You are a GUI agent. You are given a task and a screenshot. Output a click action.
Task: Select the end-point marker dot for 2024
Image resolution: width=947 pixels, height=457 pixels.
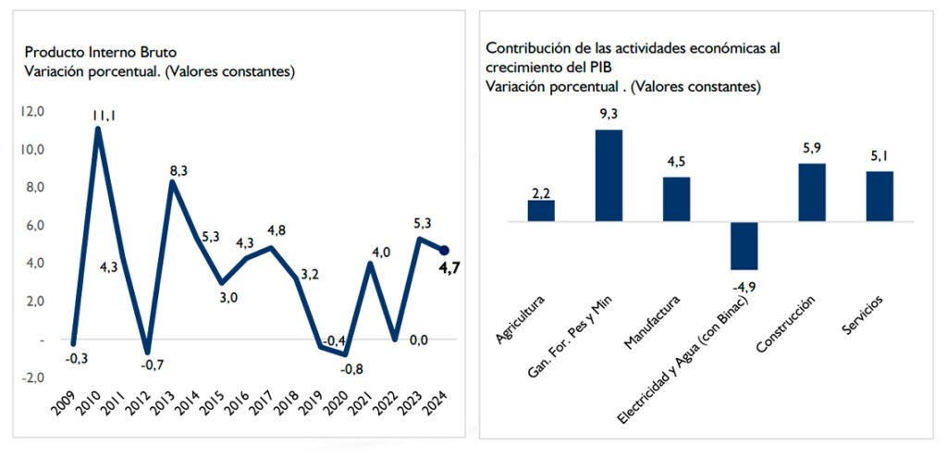pyautogui.click(x=443, y=250)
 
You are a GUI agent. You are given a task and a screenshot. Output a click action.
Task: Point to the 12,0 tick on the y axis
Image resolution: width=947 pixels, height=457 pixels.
pyautogui.click(x=33, y=112)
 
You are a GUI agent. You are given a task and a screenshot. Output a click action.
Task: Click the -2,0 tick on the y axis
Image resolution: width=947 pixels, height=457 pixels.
pyautogui.click(x=33, y=377)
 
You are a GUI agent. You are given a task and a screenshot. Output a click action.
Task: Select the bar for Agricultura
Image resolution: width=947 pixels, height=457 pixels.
pyautogui.click(x=541, y=211)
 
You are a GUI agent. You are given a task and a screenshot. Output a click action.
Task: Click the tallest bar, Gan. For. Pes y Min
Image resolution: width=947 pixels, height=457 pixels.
pyautogui.click(x=609, y=176)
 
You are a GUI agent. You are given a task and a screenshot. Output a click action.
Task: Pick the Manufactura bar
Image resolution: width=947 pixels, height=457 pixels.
pyautogui.click(x=676, y=199)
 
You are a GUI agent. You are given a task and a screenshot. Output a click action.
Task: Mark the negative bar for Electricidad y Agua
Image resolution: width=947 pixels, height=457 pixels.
pyautogui.click(x=744, y=245)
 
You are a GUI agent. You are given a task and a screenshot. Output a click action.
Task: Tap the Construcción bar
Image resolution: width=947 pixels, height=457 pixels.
pyautogui.click(x=811, y=192)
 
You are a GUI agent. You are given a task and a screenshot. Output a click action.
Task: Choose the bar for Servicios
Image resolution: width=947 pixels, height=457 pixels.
pyautogui.click(x=879, y=196)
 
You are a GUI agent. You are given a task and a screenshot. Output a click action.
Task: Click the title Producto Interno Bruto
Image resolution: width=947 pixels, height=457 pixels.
pyautogui.click(x=100, y=52)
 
